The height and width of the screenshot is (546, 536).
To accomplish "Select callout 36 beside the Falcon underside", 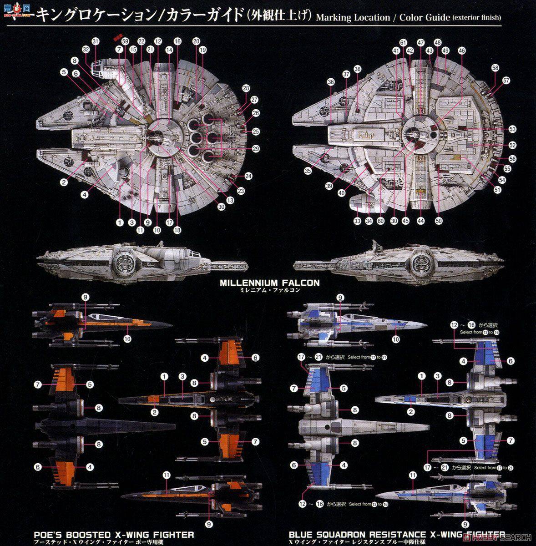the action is pos(331,82).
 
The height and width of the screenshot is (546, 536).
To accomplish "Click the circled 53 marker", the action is pos(512,130).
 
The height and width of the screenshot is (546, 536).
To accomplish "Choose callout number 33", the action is pos(357,221).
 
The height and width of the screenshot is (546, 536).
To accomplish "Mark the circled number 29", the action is pos(256,149).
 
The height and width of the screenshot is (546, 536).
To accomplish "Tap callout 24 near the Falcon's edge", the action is pos(248,176).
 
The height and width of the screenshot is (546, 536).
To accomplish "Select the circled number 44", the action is pos(421,221).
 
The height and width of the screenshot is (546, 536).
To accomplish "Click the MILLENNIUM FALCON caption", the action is pos(269,283).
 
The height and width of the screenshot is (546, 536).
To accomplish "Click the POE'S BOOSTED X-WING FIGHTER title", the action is pos(114,535).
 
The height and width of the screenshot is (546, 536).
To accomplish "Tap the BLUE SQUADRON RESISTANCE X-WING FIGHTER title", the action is pos(397,535).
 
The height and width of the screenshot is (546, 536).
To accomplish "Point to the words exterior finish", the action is pos(477,18).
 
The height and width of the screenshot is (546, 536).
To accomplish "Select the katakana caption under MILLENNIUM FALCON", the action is pos(270,290).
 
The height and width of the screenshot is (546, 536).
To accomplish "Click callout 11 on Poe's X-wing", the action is pos(167,475).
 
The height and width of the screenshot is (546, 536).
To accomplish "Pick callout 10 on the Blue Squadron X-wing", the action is pos(396,339).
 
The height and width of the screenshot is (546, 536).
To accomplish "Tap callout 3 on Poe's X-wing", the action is pos(182,376).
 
